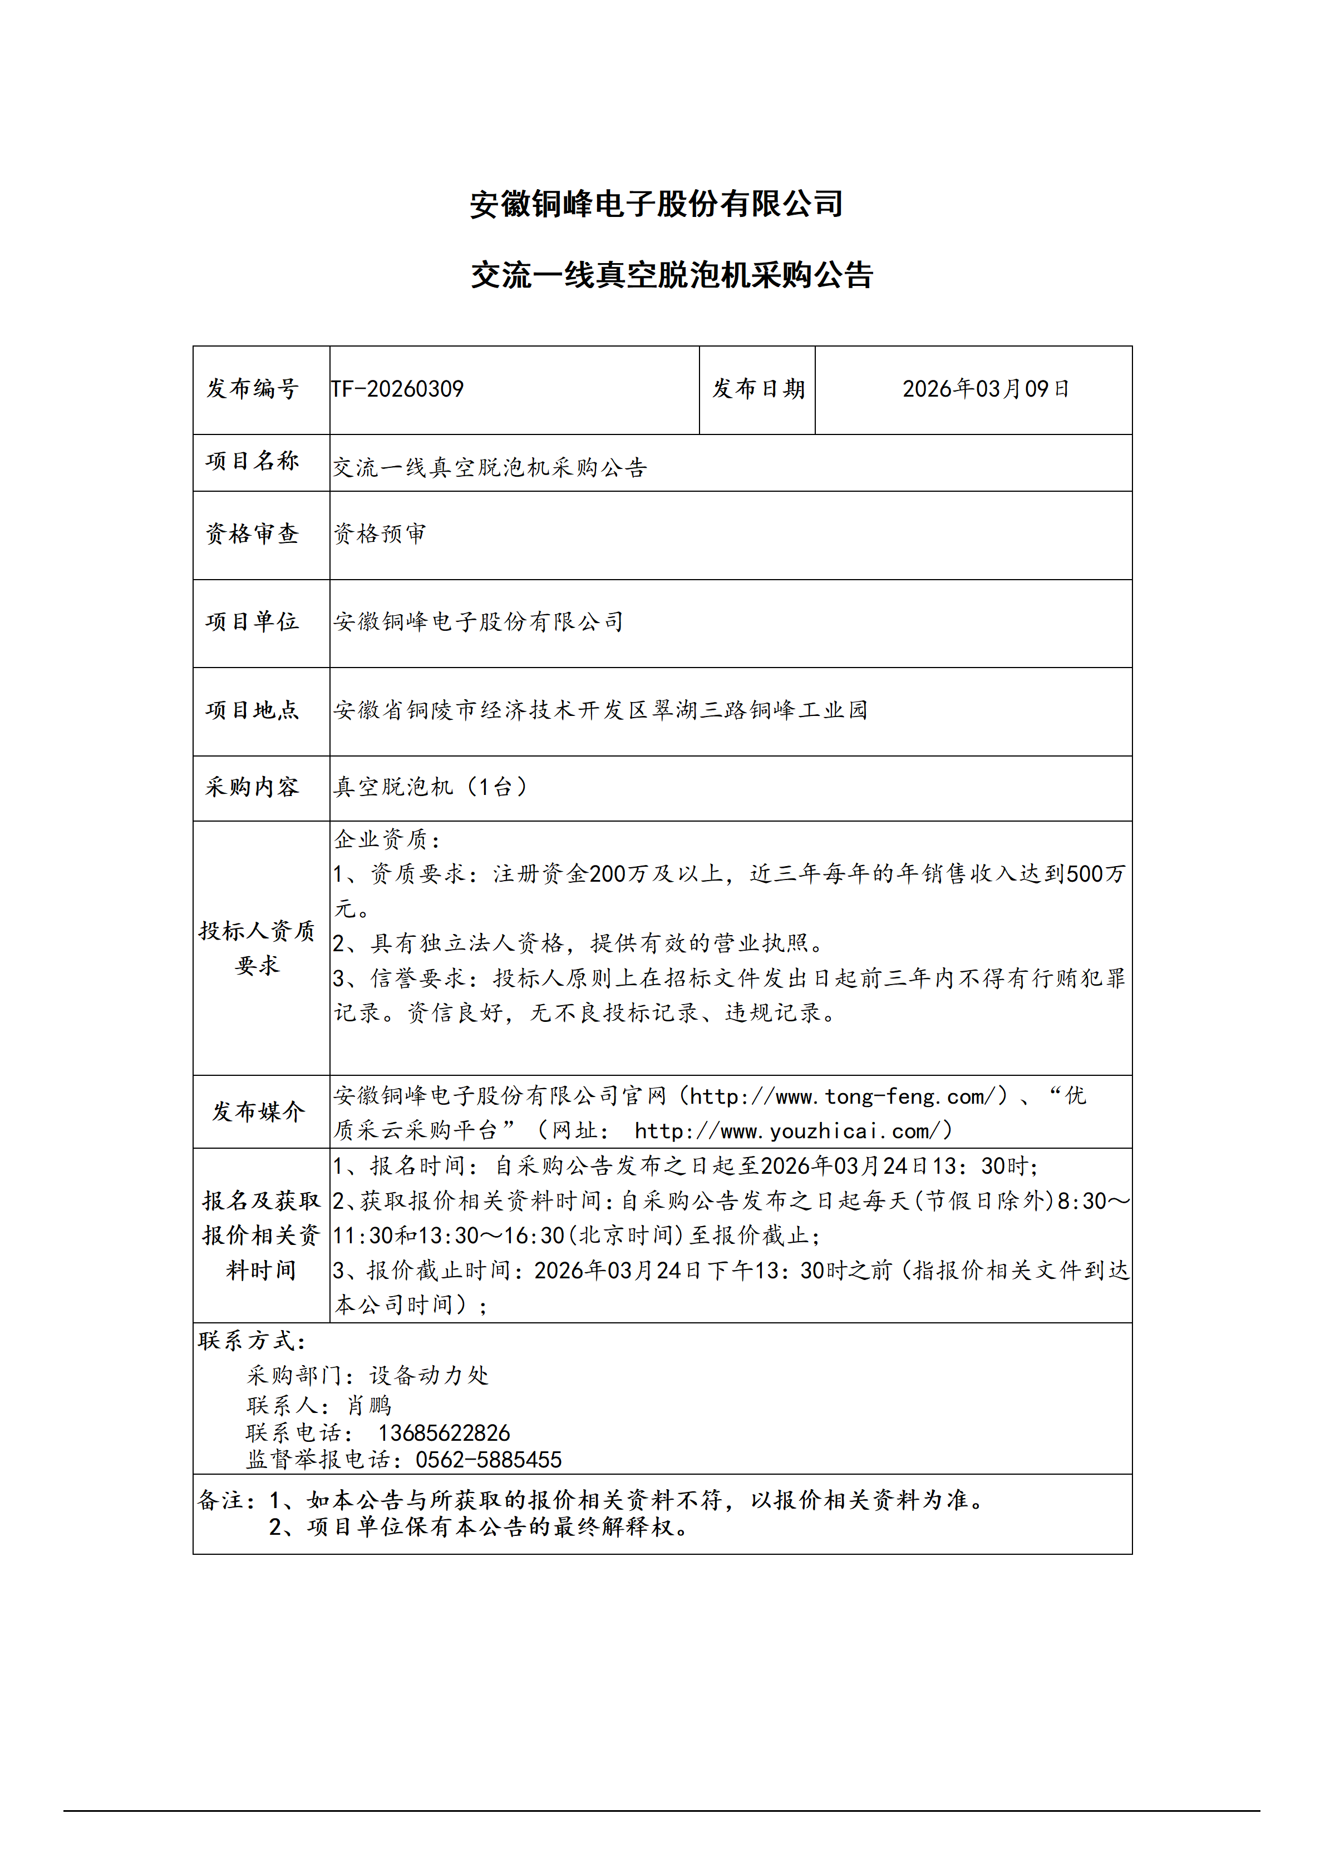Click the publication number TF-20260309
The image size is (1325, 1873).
pos(397,389)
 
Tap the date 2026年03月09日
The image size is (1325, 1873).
pos(985,389)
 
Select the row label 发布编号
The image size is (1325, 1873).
pos(253,389)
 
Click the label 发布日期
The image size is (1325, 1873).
pos(758,389)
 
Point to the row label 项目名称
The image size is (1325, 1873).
pos(253,461)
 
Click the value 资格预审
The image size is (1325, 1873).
pos(380,535)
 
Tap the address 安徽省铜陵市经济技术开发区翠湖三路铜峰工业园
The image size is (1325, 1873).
pos(600,710)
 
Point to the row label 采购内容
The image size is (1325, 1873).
pos(253,787)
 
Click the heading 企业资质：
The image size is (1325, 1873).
pos(387,839)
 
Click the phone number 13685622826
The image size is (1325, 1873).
pos(444,1434)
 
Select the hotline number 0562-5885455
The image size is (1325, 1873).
pos(489,1460)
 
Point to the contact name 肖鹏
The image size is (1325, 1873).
pos(370,1406)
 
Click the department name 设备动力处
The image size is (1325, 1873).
pos(429,1376)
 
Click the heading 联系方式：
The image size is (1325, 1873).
pos(252,1341)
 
